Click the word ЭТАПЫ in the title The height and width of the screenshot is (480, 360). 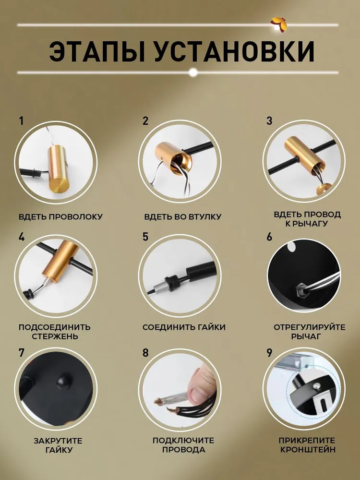[x=97, y=51]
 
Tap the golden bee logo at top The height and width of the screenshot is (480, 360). [x=278, y=24]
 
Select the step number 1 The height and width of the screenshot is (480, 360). [x=21, y=121]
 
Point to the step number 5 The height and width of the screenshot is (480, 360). [x=145, y=237]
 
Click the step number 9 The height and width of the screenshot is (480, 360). [x=269, y=353]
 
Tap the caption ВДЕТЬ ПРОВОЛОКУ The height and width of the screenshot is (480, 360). [x=60, y=217]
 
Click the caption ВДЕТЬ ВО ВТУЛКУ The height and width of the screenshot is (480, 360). [x=183, y=217]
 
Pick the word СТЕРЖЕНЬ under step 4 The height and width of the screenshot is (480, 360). [x=55, y=336]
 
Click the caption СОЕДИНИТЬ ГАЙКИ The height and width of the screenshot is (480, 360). [x=184, y=327]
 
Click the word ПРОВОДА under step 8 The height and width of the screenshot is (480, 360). [x=184, y=450]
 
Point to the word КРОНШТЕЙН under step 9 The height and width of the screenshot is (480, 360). [x=308, y=450]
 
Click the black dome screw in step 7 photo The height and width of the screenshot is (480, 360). [x=65, y=381]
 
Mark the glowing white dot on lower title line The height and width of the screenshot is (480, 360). [x=193, y=72]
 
